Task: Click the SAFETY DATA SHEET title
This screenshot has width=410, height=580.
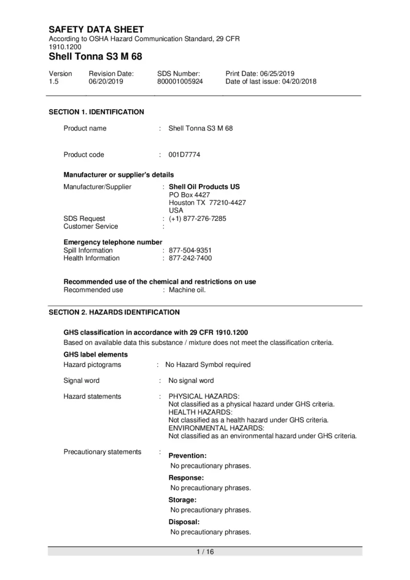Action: click(x=96, y=30)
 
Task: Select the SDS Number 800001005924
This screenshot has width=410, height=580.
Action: click(x=180, y=81)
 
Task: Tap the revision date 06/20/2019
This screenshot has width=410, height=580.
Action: click(x=104, y=81)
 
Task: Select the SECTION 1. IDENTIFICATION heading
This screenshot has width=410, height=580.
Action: click(x=96, y=112)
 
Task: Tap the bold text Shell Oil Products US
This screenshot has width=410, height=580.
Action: click(x=204, y=187)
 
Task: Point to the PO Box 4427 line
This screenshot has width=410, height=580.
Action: click(x=189, y=195)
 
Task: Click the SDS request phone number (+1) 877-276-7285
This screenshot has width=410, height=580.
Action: click(x=197, y=219)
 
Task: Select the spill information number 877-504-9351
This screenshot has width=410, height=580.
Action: click(x=190, y=251)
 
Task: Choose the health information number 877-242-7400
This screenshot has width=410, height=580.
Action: click(x=190, y=258)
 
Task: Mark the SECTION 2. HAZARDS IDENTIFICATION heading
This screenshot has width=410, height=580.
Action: click(x=114, y=312)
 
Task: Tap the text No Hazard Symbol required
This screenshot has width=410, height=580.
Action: click(x=208, y=365)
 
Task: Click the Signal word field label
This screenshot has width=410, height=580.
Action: click(x=81, y=381)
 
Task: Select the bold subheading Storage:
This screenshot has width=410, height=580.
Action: click(x=182, y=500)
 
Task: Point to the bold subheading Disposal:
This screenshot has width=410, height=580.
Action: click(x=184, y=522)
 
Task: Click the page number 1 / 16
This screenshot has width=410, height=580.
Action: click(x=205, y=552)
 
